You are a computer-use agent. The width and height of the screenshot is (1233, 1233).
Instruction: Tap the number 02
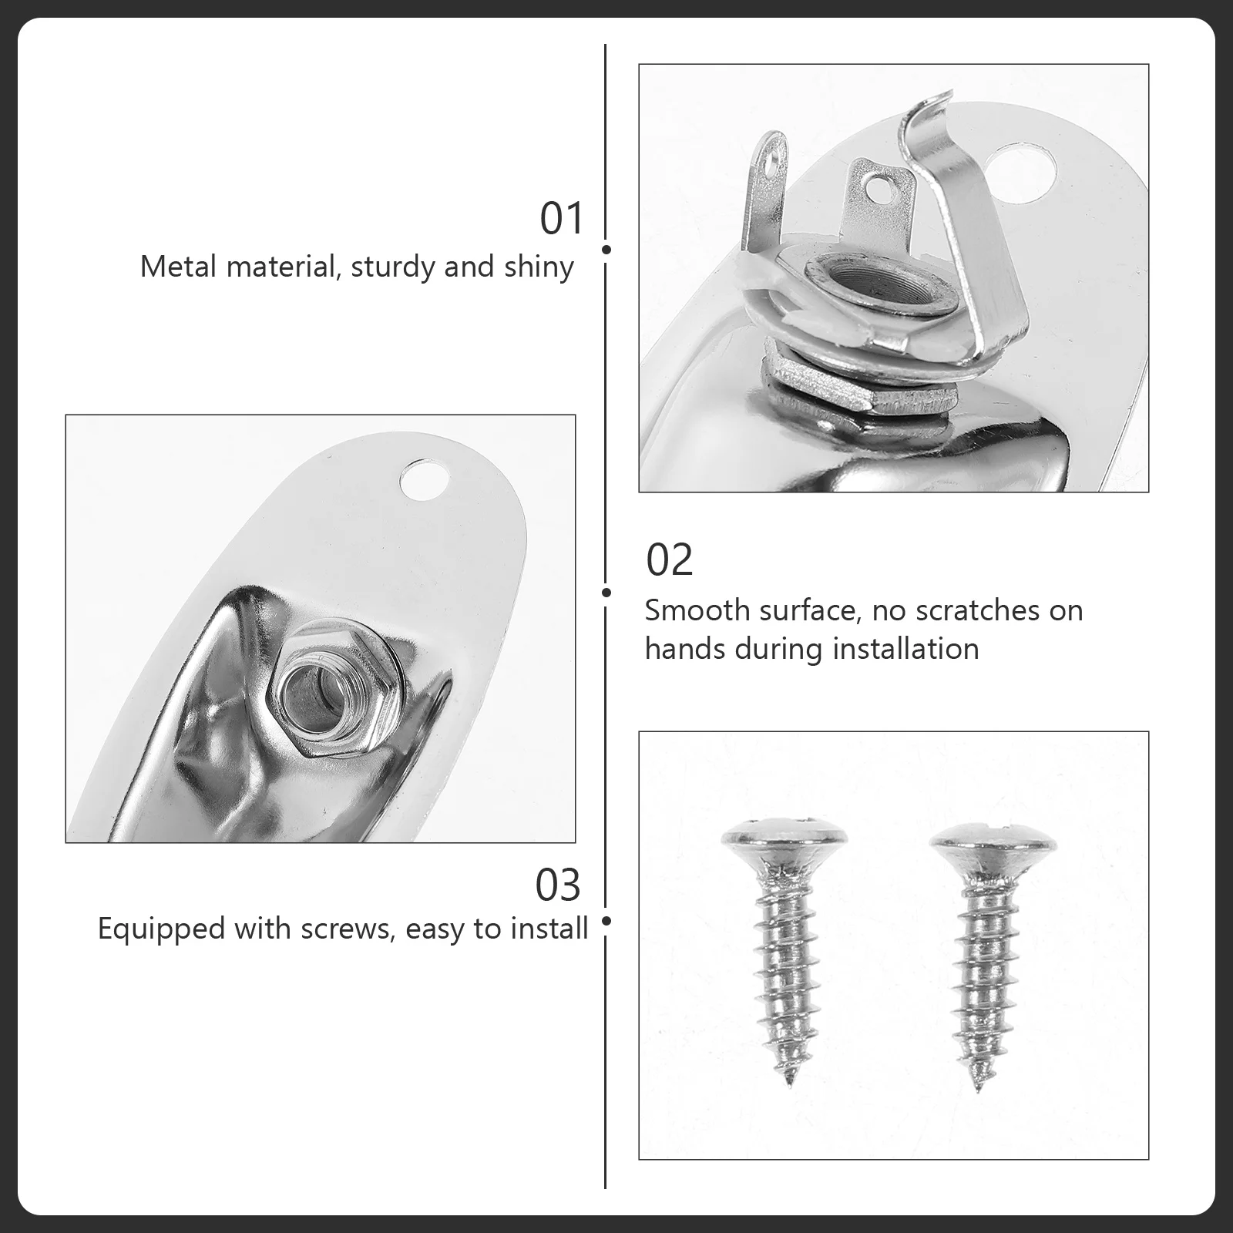click(669, 559)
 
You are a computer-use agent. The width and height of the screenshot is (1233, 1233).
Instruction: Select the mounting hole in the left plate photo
click(425, 479)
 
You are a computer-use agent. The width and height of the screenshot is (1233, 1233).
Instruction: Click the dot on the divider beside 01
click(606, 250)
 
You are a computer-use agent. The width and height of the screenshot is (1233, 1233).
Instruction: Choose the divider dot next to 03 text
click(606, 921)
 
